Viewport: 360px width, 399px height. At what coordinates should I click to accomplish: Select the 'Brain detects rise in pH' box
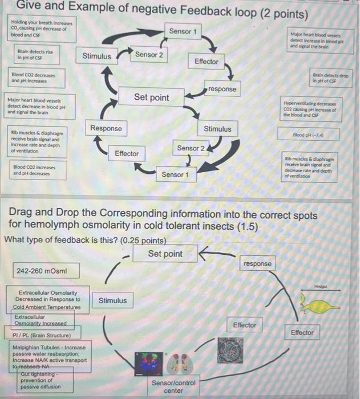coord(35,55)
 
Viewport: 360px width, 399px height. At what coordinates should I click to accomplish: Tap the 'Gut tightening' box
coord(40,380)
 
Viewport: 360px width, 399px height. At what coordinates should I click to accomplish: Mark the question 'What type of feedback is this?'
coord(86,239)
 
